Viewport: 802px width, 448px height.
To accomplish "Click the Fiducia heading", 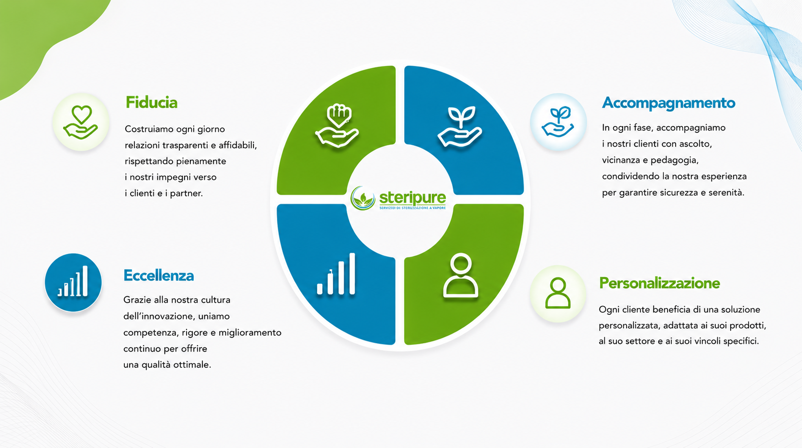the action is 152,103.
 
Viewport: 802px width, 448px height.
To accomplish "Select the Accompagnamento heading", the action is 669,103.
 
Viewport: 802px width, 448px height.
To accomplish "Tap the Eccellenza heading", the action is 159,276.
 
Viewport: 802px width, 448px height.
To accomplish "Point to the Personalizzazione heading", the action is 659,283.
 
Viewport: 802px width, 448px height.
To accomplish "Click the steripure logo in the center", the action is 398,198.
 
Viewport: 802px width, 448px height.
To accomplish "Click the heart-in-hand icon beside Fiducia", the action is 81,122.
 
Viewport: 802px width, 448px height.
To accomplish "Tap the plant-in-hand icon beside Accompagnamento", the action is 558,122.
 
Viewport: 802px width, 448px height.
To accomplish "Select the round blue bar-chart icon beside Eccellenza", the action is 73,282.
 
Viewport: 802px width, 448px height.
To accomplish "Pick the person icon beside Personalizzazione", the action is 558,294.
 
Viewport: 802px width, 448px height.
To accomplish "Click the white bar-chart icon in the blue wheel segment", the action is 336,274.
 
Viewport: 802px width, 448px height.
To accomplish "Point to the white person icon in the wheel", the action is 461,276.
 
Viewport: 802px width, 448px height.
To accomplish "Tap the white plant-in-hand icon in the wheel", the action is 460,127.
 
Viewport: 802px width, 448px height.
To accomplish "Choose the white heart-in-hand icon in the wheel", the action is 337,126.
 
